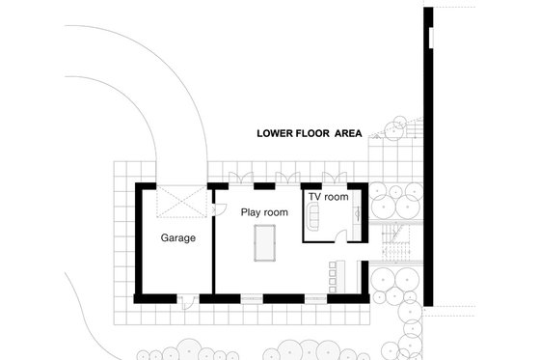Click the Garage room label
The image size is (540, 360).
tap(178, 237)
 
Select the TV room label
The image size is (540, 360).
tap(328, 196)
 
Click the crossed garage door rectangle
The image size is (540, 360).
tap(180, 202)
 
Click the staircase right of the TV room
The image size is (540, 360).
tap(396, 242)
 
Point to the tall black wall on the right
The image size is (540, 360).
tap(427, 154)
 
